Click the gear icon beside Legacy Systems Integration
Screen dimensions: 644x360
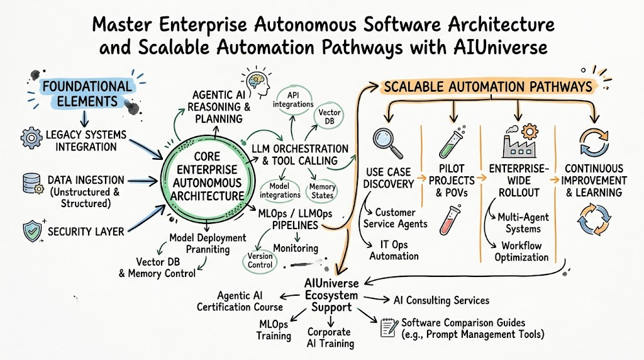(31, 138)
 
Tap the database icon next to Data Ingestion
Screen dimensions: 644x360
(33, 183)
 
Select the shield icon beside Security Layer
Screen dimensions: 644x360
(33, 230)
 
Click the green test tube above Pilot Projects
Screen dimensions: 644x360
(451, 142)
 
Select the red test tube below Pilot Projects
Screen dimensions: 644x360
(450, 220)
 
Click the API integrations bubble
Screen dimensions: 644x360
(293, 99)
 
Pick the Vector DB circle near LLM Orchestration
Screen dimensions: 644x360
(329, 116)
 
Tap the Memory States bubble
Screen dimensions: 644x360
(323, 191)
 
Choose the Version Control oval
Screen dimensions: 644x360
(260, 261)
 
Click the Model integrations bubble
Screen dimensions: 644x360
(280, 191)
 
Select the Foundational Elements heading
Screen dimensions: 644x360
(87, 94)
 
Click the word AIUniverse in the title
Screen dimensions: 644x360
(501, 47)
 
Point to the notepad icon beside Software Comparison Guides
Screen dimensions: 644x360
(389, 327)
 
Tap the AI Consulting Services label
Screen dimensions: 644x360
(441, 300)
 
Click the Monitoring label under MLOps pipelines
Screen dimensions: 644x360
(296, 248)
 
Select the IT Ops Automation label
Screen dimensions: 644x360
(394, 250)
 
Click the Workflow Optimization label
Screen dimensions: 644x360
(521, 252)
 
